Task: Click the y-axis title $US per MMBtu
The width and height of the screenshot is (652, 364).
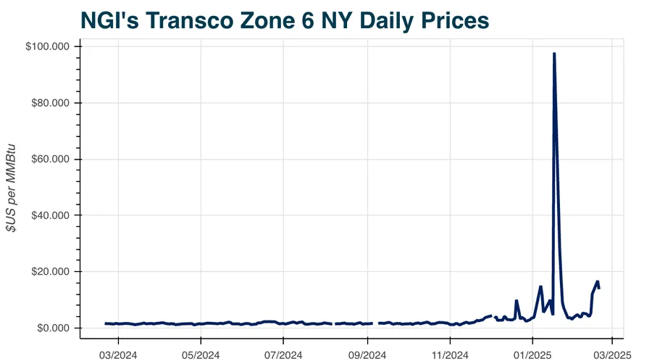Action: pos(12,187)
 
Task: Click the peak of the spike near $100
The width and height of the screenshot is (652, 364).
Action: pos(554,54)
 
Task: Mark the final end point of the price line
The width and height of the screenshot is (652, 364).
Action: pos(598,288)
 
